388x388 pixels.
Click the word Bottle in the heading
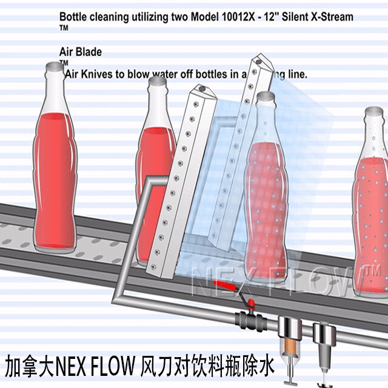[74, 17]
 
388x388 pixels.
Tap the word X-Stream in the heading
[330, 17]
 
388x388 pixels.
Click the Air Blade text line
[81, 52]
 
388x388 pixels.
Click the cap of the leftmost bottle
[55, 66]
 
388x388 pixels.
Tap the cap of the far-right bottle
[374, 112]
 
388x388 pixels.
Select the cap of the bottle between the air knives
[265, 96]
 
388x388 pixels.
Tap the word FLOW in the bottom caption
[114, 366]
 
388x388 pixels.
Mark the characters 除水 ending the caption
[258, 366]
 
